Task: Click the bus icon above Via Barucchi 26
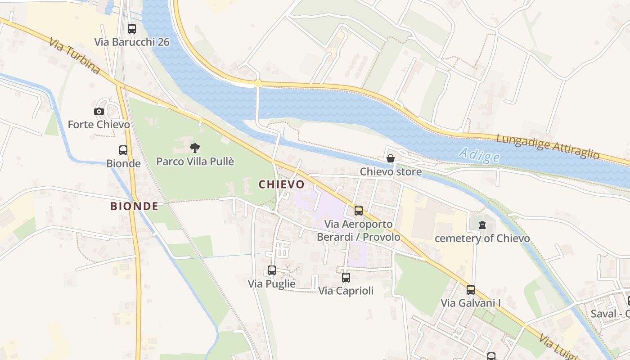[x=132, y=29]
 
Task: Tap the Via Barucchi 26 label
[x=132, y=42]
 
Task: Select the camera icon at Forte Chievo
[x=99, y=111]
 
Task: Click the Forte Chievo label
[x=99, y=124]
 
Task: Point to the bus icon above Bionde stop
[x=123, y=150]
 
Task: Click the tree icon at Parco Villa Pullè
[x=195, y=148]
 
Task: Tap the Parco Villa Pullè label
[x=195, y=161]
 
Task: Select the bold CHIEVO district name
[x=282, y=184]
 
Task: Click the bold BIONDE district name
[x=134, y=207]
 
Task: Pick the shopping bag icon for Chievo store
[x=391, y=158]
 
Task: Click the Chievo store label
[x=391, y=171]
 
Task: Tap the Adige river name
[x=480, y=156]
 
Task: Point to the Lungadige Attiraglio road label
[x=548, y=146]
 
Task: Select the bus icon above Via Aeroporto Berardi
[x=359, y=211]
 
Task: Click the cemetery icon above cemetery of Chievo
[x=482, y=225]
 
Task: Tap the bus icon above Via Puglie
[x=272, y=270]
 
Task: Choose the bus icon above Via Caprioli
[x=346, y=278]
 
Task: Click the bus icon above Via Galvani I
[x=471, y=290]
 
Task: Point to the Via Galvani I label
[x=471, y=303]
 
